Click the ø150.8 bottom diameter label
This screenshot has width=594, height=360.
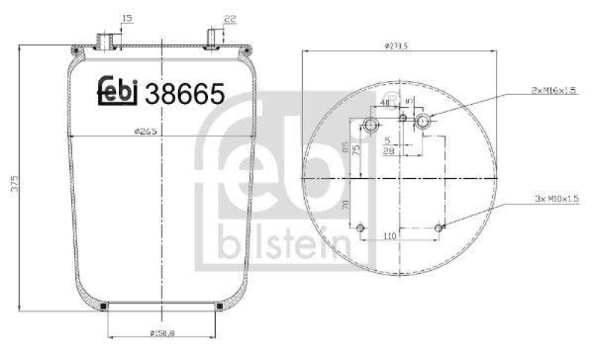click(161, 332)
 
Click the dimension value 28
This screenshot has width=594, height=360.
click(388, 151)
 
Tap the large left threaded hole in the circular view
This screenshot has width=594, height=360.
click(371, 125)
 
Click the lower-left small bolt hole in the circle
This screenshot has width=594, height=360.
click(361, 228)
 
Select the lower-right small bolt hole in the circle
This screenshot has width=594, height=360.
click(440, 227)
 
